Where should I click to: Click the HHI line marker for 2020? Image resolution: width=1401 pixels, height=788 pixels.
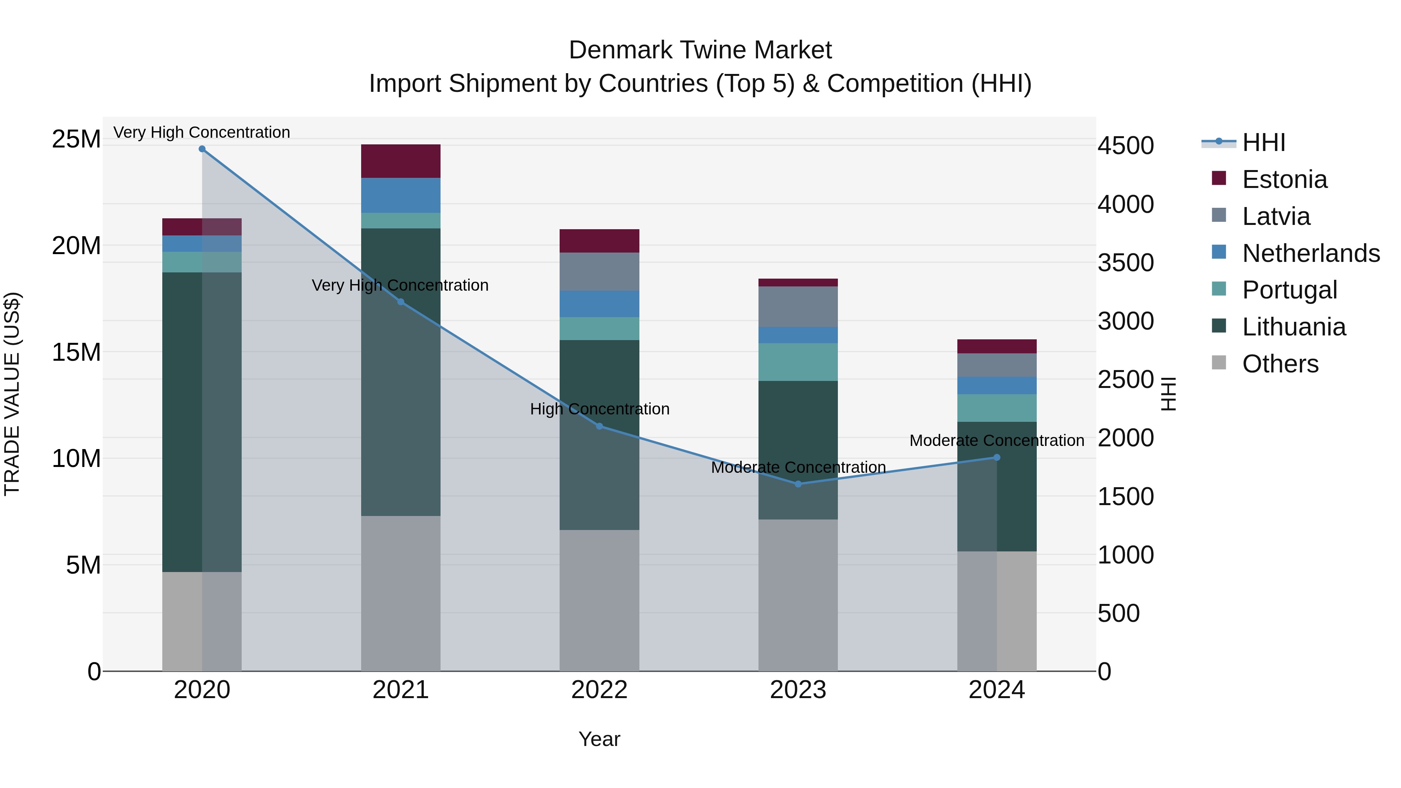[202, 149]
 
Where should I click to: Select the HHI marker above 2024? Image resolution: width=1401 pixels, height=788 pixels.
[997, 457]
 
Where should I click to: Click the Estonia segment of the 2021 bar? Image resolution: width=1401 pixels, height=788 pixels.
[400, 161]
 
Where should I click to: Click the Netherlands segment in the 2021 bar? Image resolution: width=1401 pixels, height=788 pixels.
[400, 195]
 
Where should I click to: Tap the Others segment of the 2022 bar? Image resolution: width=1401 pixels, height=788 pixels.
[599, 600]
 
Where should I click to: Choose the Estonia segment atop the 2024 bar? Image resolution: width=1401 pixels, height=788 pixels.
[997, 346]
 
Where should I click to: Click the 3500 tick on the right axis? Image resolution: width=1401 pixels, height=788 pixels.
[1125, 263]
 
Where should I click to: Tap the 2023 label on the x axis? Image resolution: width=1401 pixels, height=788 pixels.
[798, 690]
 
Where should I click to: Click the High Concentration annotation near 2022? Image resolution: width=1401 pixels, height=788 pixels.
[599, 409]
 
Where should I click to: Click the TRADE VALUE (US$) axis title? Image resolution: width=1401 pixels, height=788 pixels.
[12, 394]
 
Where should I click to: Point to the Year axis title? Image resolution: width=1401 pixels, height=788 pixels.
[599, 739]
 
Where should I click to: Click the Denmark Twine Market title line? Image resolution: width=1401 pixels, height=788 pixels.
[700, 50]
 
